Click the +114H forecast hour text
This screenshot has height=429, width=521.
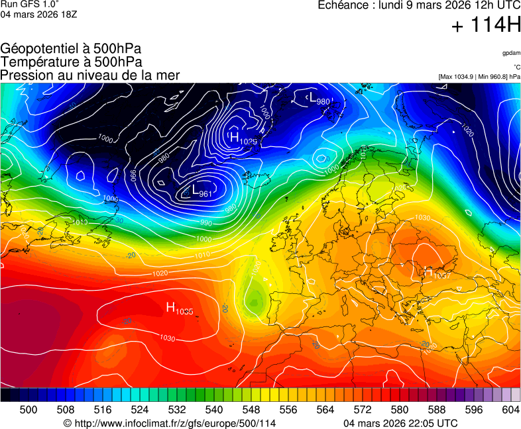click(x=486, y=26)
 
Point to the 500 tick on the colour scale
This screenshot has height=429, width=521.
click(x=29, y=410)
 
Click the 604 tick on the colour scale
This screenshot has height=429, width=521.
click(x=510, y=410)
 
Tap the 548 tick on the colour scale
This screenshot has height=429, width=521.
click(x=251, y=410)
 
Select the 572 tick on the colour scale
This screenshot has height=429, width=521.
click(x=363, y=410)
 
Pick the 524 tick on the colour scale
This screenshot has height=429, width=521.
click(x=140, y=410)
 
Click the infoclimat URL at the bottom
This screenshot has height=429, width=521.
click(x=169, y=423)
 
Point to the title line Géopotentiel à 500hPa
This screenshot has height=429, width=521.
click(x=71, y=49)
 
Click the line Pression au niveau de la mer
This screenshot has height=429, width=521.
click(x=90, y=75)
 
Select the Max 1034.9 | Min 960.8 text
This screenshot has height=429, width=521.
click(x=479, y=77)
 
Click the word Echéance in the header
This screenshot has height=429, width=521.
click(x=345, y=5)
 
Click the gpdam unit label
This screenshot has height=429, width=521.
click(x=511, y=53)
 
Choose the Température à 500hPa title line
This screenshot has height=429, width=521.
click(x=71, y=62)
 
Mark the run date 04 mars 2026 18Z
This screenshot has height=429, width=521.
click(x=38, y=15)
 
